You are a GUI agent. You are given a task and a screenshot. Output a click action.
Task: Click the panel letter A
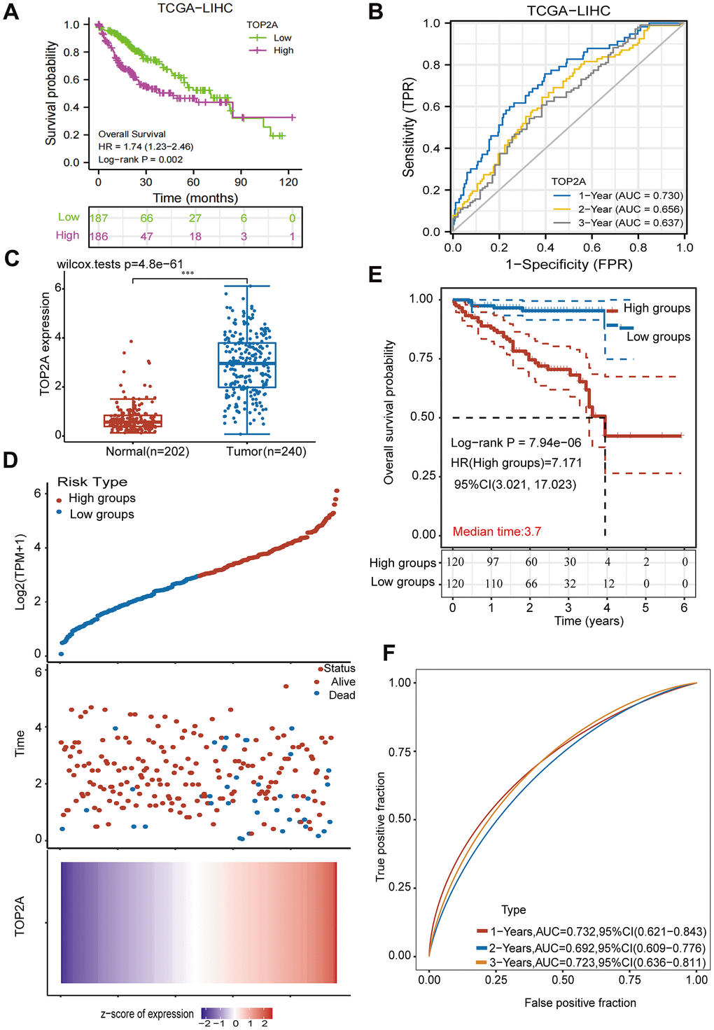pos(11,12)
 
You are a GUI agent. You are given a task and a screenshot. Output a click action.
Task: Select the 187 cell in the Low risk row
pos(99,218)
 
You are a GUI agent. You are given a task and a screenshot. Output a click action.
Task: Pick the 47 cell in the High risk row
pos(146,237)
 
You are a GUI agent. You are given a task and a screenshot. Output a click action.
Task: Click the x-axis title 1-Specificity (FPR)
pos(569,265)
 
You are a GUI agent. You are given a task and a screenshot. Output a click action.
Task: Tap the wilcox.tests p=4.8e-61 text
pos(120,265)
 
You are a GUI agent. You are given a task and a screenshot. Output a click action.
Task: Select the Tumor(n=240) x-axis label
pos(266,452)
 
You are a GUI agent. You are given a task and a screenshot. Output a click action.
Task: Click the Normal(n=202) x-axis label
pos(147,452)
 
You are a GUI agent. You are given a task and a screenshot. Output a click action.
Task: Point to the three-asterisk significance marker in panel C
pos(188,273)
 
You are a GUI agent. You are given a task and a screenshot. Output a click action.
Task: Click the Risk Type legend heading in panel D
pos(92,482)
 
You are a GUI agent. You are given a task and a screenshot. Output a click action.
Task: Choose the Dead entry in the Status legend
pos(342,695)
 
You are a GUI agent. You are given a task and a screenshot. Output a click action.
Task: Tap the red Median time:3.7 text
pos(497,531)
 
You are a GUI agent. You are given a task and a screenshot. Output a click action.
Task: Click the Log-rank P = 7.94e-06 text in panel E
pos(516,443)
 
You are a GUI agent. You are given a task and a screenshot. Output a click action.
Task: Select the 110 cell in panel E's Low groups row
pos(494,583)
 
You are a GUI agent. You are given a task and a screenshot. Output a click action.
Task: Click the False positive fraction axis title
pos(580,1003)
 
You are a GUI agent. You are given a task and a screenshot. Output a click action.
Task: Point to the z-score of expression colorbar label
pos(147,1014)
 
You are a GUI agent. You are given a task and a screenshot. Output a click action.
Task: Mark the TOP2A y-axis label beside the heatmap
pos(20,916)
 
